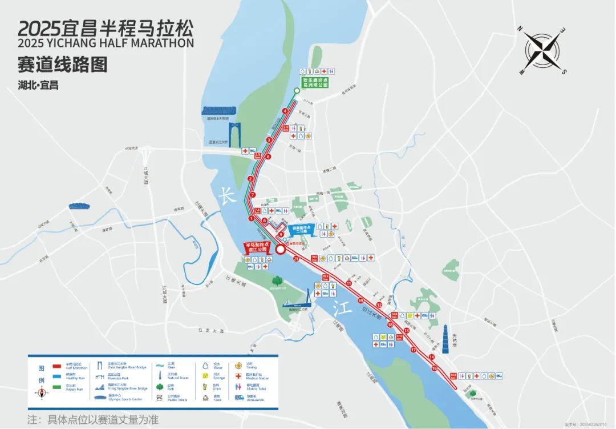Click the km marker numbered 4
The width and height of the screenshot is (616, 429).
click(x=285, y=111)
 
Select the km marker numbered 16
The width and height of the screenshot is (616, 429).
click(x=435, y=368)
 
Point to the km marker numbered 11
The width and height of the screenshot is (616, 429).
click(x=348, y=283)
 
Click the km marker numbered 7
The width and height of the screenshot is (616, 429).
click(x=253, y=195)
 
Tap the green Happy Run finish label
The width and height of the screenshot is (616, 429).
click(x=315, y=82)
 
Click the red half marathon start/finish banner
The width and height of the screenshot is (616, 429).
click(x=257, y=247)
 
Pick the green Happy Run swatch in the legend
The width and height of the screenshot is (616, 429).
click(x=56, y=387)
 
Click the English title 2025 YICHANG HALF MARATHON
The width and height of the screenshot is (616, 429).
click(x=106, y=43)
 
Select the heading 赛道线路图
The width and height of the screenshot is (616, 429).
click(x=63, y=65)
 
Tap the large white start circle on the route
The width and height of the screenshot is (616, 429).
click(x=281, y=249)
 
